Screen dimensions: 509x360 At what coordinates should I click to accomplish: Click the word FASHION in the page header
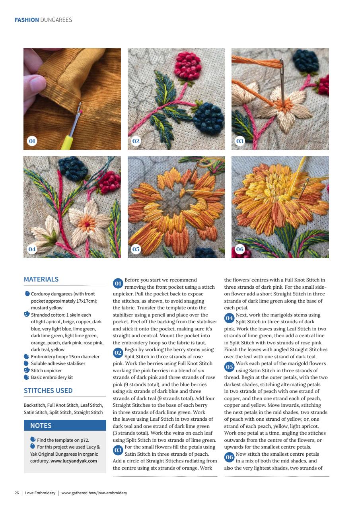click(x=27, y=20)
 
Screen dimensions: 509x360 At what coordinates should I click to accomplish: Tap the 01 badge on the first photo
click(x=32, y=141)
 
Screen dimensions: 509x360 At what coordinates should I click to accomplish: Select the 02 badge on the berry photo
click(x=136, y=141)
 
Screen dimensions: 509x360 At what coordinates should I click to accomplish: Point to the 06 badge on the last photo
click(x=240, y=249)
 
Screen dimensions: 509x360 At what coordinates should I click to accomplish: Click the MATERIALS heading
click(x=41, y=280)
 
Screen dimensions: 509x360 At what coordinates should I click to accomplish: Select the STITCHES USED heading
click(x=48, y=390)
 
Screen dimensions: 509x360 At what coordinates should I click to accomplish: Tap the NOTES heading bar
click(x=65, y=425)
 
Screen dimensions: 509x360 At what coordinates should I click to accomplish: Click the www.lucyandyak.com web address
click(x=74, y=461)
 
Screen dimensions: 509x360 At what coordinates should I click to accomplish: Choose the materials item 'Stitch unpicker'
click(x=46, y=371)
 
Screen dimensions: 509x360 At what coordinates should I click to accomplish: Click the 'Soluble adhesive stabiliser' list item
click(x=58, y=363)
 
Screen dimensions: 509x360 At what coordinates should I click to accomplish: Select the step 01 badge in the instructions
click(x=118, y=284)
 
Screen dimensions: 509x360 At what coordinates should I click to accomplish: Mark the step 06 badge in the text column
click(x=229, y=457)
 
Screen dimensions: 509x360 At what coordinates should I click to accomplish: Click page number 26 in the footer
click(x=17, y=493)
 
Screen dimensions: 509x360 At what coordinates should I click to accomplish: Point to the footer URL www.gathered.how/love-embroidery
click(x=94, y=493)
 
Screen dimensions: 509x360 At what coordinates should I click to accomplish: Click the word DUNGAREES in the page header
click(x=56, y=20)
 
